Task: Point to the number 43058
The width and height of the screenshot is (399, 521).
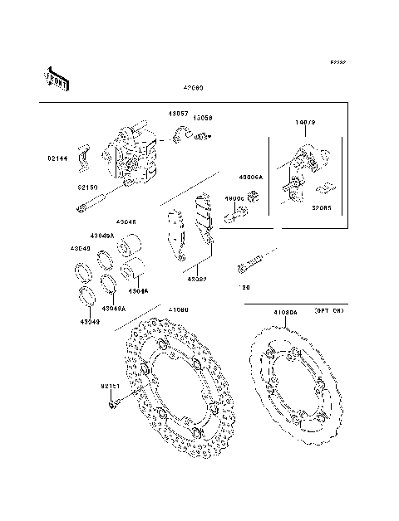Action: [204, 119]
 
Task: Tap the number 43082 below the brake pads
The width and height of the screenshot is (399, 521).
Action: [197, 280]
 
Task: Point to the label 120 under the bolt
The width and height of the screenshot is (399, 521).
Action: [245, 286]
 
